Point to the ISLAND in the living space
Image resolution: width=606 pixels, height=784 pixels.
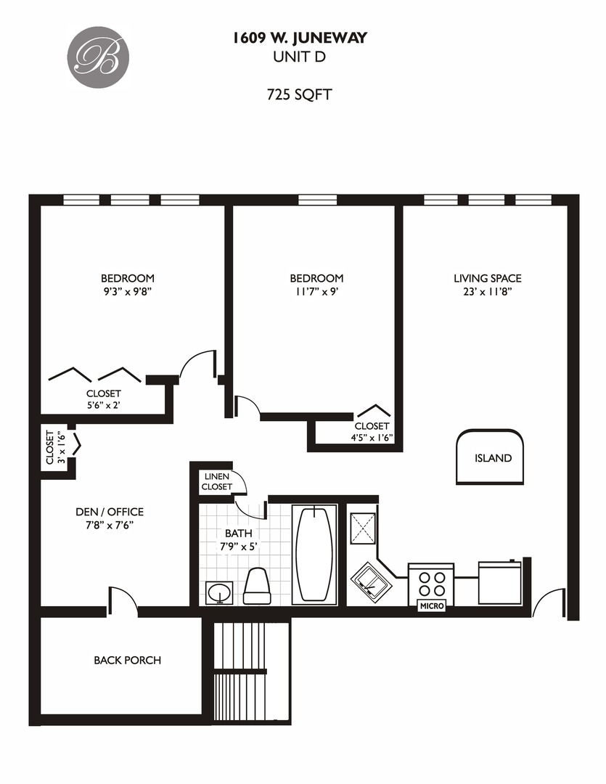click(x=492, y=458)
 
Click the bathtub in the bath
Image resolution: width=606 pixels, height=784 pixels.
click(x=315, y=553)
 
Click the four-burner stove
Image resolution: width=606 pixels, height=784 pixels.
click(x=431, y=581)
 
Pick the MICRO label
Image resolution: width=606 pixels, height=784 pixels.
click(x=431, y=605)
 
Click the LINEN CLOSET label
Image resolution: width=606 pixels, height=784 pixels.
click(x=217, y=481)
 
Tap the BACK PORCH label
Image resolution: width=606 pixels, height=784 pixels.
click(x=127, y=661)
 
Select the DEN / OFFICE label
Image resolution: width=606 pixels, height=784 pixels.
click(x=110, y=512)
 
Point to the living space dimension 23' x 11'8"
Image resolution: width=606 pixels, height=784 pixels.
click(x=487, y=292)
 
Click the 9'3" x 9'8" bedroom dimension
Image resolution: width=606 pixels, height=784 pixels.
click(x=127, y=292)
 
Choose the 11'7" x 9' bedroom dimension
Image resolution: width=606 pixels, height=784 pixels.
click(x=316, y=292)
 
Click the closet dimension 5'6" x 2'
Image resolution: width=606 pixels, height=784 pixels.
click(x=103, y=406)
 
